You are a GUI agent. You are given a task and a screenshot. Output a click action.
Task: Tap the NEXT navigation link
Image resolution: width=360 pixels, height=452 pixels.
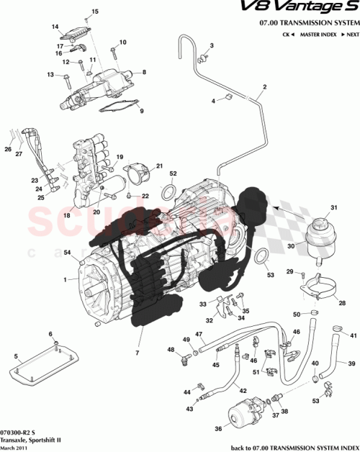point(348,35)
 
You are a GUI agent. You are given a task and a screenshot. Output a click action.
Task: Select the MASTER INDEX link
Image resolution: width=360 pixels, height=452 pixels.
point(319,35)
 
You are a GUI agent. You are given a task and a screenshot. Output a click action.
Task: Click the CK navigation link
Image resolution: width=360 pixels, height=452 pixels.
point(287,35)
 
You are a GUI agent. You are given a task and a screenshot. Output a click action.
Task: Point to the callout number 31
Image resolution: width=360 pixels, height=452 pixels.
point(333,208)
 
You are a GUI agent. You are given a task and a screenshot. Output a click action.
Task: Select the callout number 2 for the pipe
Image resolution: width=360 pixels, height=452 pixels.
point(265,87)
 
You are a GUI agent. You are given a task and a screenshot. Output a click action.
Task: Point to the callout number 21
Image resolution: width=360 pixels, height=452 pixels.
point(159,165)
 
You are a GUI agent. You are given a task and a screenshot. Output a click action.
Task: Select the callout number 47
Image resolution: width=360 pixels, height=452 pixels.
point(199,333)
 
